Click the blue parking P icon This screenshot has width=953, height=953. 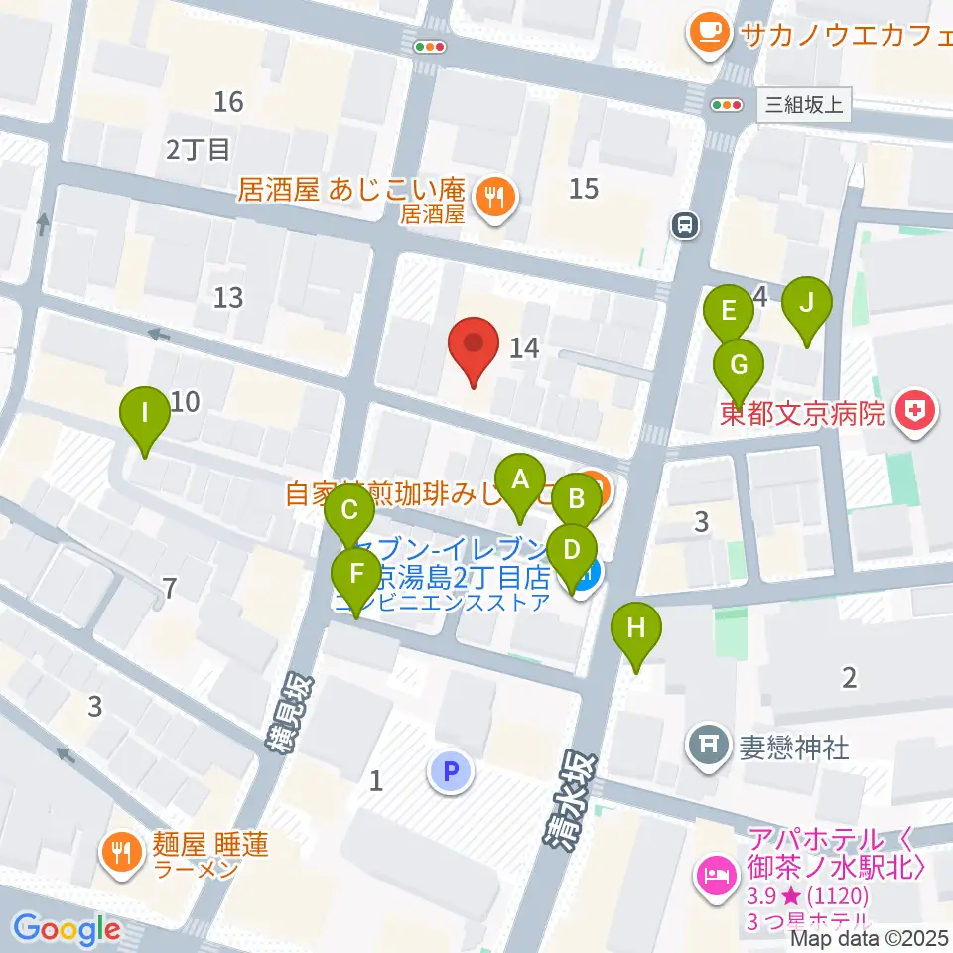[x=451, y=770]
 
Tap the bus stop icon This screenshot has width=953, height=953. [x=684, y=226]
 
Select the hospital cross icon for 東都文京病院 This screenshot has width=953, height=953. [x=914, y=413]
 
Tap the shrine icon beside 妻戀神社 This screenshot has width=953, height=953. [x=711, y=747]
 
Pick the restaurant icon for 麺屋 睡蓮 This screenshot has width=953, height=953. [x=122, y=854]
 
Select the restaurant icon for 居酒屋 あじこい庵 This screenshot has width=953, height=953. [x=493, y=198]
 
